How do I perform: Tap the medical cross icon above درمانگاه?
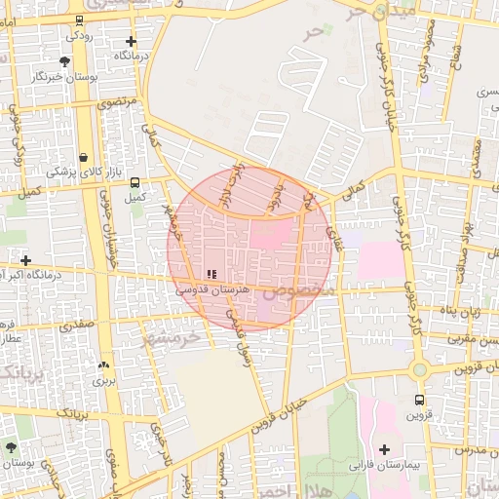point(132,41)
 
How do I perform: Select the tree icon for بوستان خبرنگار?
point(64,60)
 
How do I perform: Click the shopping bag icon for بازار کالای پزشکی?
point(84,157)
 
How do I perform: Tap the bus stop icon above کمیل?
point(134,181)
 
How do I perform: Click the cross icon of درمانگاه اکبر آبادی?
point(25,260)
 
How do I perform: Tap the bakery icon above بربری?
point(103,365)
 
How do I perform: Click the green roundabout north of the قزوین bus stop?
point(420,370)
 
